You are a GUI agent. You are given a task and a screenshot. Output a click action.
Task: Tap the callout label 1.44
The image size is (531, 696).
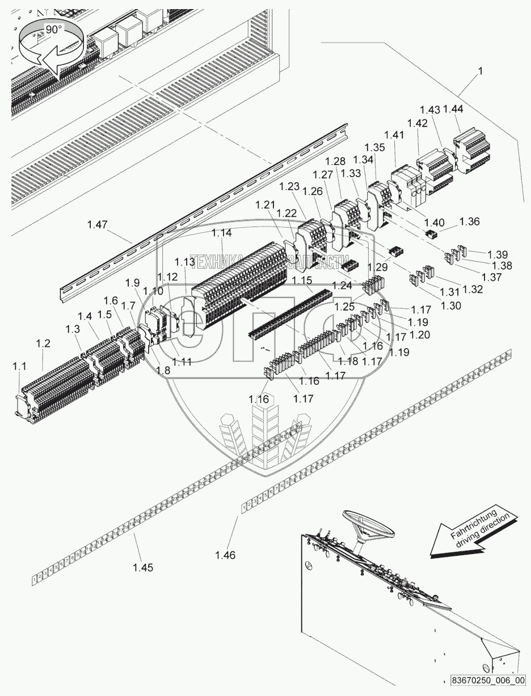coord(453,109)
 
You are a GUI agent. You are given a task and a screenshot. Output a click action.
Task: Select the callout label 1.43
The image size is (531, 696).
coord(430,109)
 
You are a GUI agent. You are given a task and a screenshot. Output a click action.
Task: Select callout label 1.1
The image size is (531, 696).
coord(19,367)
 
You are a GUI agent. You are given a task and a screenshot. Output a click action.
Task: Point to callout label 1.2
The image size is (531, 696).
coord(43,343)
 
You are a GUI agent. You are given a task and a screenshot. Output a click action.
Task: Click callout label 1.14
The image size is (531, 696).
coord(222,233)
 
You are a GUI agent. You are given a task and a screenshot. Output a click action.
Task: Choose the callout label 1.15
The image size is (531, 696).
coord(301,281)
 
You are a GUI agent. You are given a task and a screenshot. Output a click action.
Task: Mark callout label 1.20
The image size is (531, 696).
coord(420,335)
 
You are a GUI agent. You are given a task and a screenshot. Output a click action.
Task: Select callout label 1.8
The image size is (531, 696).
coord(163,370)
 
